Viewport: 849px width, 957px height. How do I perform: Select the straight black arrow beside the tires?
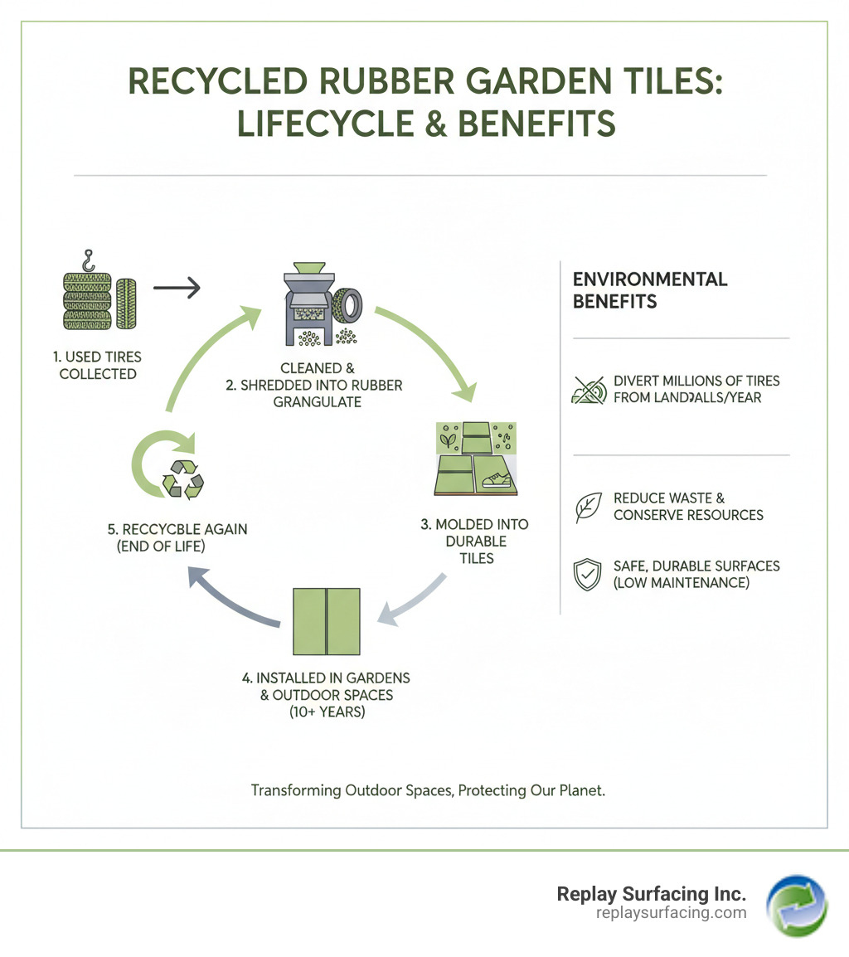pyautogui.click(x=177, y=288)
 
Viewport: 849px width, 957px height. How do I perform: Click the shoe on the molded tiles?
pyautogui.click(x=495, y=478)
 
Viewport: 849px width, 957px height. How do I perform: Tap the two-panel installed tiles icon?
pyautogui.click(x=327, y=621)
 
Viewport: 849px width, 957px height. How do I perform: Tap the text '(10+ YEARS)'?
pyautogui.click(x=327, y=711)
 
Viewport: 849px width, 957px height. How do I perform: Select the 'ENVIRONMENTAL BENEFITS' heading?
pyautogui.click(x=650, y=289)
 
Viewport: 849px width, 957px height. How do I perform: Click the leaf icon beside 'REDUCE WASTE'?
pyautogui.click(x=589, y=507)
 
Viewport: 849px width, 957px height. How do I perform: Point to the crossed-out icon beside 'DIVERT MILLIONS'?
pyautogui.click(x=589, y=390)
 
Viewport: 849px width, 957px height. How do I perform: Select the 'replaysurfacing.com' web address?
pyautogui.click(x=672, y=913)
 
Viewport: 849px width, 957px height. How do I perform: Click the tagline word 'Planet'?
pyautogui.click(x=580, y=790)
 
